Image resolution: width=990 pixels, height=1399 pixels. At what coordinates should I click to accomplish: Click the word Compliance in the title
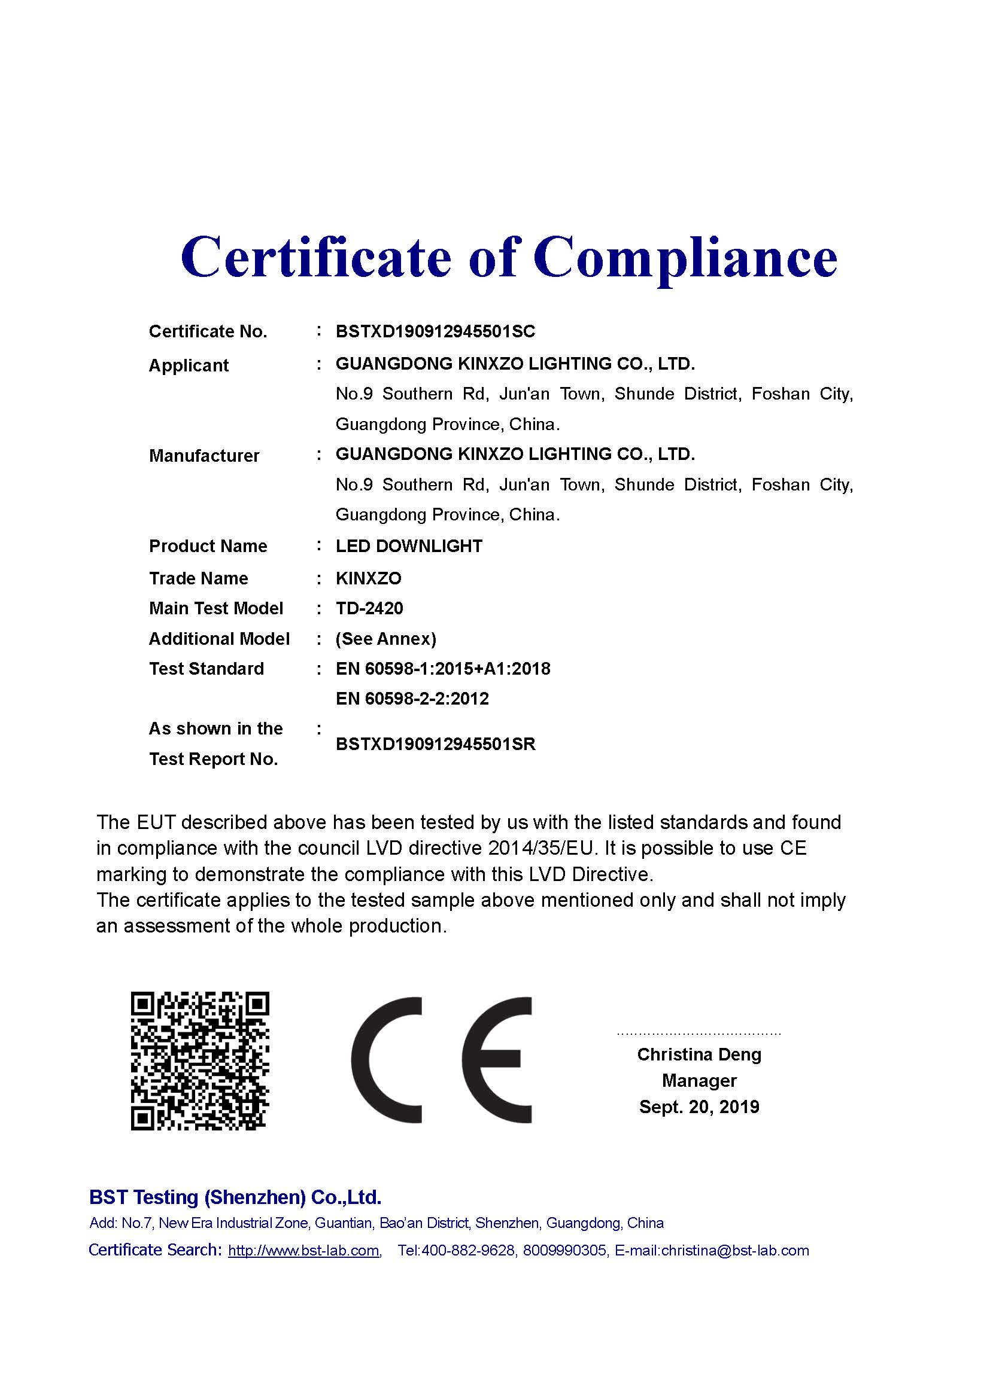[685, 257]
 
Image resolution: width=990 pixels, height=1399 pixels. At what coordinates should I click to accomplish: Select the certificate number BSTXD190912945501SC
[435, 331]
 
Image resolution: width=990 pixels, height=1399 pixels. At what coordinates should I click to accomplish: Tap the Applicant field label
[189, 365]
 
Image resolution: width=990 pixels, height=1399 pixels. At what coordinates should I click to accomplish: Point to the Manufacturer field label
[204, 456]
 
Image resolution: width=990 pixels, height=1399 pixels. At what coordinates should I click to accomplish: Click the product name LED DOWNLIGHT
[408, 546]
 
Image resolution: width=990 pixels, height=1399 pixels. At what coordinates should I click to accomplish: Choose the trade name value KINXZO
[368, 578]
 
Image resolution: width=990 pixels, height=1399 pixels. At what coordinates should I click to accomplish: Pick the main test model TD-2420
[369, 608]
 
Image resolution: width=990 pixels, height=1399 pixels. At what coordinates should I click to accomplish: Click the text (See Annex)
[386, 639]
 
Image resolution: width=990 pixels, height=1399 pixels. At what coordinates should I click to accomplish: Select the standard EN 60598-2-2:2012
[412, 698]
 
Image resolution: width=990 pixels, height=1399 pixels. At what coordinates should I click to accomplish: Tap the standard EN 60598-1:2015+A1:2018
[442, 669]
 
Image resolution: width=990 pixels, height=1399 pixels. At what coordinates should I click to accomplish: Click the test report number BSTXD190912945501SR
[435, 744]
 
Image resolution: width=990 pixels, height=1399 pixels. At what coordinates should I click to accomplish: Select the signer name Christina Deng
[699, 1054]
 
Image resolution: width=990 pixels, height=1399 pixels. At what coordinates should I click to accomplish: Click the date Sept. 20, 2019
[699, 1107]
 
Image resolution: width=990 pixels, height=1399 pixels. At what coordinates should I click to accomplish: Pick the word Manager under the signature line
[699, 1080]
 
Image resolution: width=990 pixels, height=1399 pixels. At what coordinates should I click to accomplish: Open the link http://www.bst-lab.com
[303, 1250]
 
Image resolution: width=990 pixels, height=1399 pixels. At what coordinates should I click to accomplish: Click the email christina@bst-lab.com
[734, 1250]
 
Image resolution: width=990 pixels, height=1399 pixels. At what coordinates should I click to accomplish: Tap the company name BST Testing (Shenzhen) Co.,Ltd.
[235, 1197]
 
